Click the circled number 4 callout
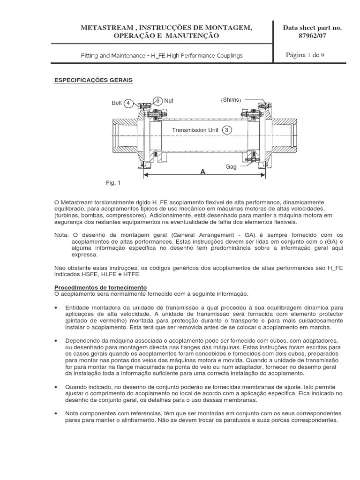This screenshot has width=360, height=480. [129, 103]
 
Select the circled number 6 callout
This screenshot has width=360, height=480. [157, 101]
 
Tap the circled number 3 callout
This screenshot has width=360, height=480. [227, 130]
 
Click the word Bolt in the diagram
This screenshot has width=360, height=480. [117, 103]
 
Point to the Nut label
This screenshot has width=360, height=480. [169, 101]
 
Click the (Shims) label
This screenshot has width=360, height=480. [231, 100]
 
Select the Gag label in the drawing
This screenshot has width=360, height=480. [231, 166]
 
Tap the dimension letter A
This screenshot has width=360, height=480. [203, 172]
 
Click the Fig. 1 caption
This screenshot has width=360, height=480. [113, 183]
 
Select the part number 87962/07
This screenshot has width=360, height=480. [313, 36]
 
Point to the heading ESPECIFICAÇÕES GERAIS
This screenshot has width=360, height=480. [94, 81]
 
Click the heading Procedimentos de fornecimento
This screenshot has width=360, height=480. [101, 287]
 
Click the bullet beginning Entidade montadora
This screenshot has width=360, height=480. [57, 307]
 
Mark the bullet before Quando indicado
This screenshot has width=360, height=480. [57, 388]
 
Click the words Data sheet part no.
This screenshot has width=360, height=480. [313, 28]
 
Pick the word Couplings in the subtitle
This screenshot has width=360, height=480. [229, 55]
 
